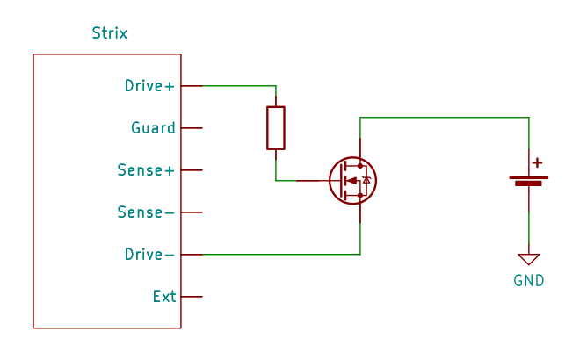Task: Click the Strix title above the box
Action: click(109, 34)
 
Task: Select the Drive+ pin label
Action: click(149, 86)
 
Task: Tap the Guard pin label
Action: click(153, 128)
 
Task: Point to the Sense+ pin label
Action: click(146, 170)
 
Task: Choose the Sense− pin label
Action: click(146, 212)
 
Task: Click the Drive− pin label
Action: click(149, 255)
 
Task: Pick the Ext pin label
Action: click(164, 297)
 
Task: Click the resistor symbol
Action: click(276, 128)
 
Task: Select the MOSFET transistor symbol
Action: click(351, 181)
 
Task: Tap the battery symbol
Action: click(529, 181)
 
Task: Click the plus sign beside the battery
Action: click(538, 162)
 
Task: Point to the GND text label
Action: click(529, 281)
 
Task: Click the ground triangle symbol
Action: click(529, 259)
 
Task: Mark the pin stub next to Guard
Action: click(192, 128)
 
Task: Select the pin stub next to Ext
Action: click(192, 297)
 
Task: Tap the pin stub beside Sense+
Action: click(192, 170)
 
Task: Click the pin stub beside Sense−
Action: click(192, 212)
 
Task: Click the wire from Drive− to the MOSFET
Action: click(281, 255)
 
